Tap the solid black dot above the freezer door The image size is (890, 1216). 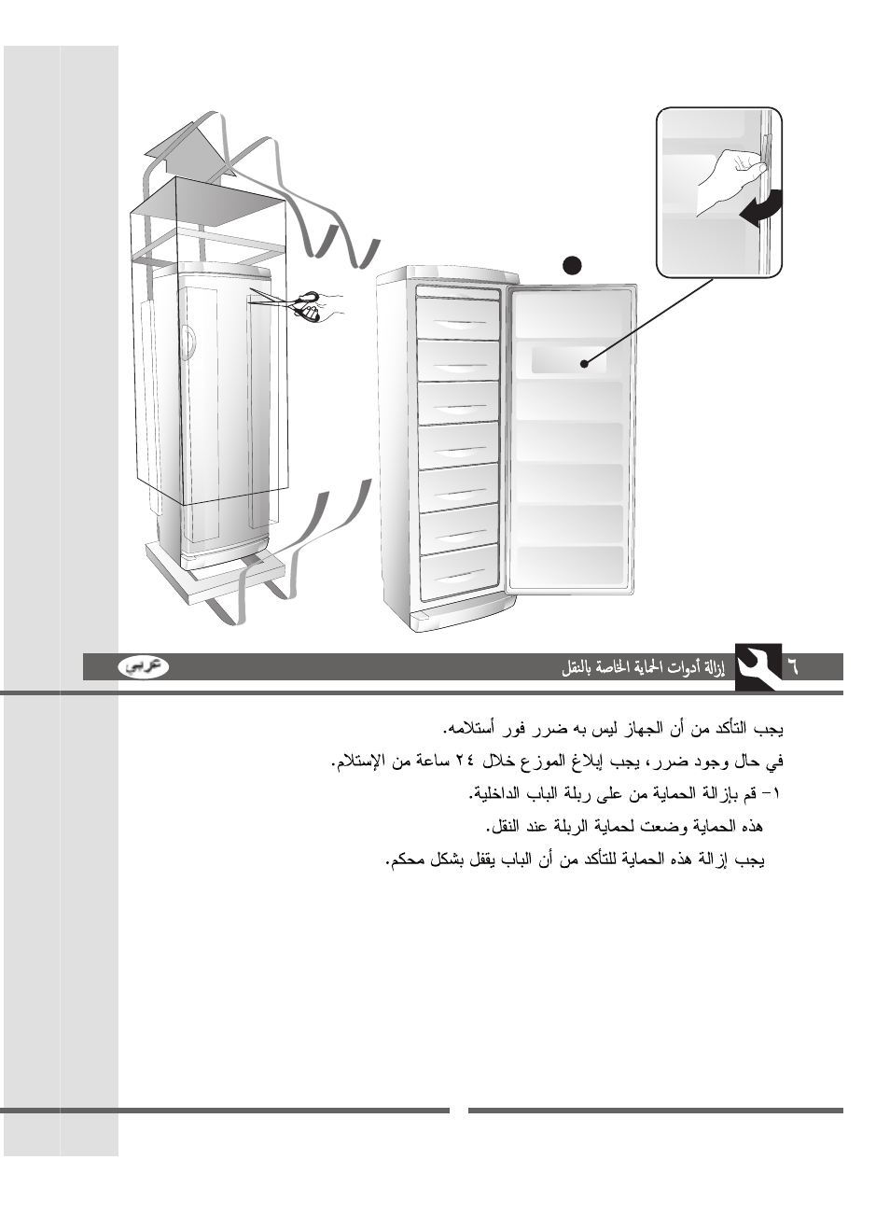(572, 264)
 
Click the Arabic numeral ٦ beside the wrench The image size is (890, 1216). (793, 666)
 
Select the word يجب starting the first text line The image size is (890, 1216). (767, 728)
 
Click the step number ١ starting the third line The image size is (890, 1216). (777, 794)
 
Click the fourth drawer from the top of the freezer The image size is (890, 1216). (458, 445)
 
